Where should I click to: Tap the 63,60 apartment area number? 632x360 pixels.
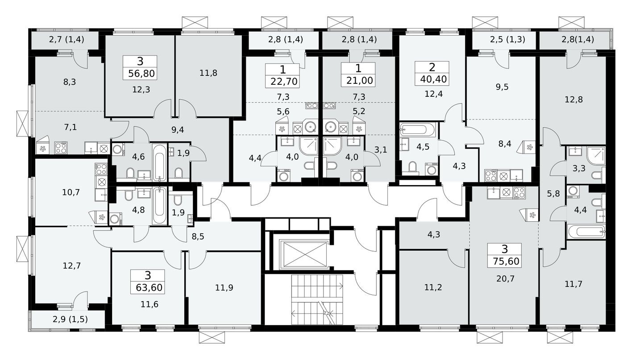(x=147, y=287)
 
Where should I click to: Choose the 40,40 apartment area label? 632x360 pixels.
(x=431, y=79)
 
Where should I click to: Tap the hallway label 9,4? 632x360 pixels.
(x=178, y=130)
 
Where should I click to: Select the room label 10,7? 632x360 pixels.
(x=71, y=193)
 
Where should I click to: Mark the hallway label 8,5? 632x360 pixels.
(x=198, y=236)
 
